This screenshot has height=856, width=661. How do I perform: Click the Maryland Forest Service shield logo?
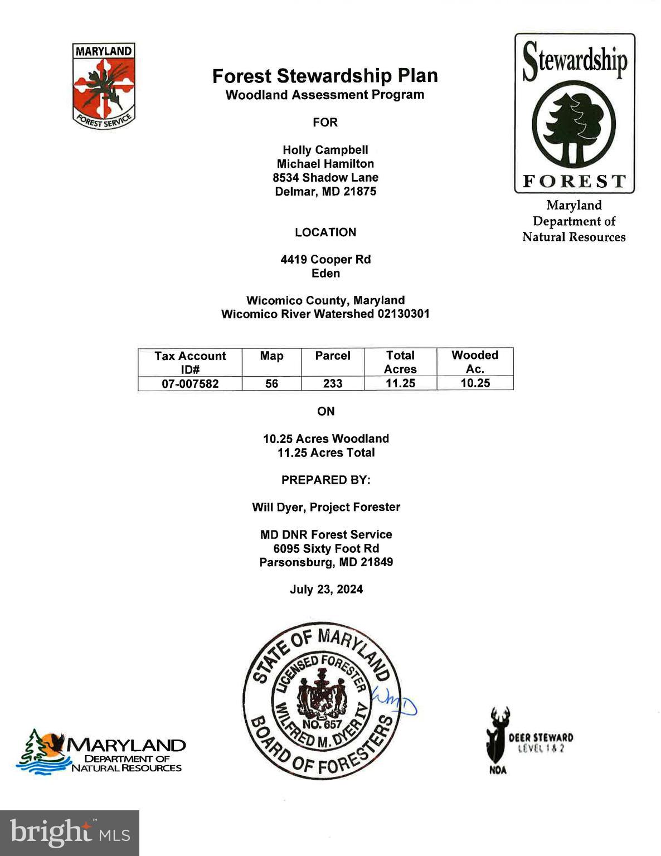point(104,86)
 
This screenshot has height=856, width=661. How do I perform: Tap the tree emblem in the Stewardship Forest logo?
point(573,123)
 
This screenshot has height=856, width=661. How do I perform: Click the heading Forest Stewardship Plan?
point(325,76)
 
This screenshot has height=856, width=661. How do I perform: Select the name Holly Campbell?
point(325,150)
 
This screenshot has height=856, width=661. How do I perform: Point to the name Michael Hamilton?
point(325,163)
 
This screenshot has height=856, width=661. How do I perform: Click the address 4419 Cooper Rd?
point(326,259)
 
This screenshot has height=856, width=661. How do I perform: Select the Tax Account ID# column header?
point(190,362)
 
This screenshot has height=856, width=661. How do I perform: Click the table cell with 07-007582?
point(190,383)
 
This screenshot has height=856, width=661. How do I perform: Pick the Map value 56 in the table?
point(271,383)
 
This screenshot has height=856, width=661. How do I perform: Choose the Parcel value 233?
point(333,383)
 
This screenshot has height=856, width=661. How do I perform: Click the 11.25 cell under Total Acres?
point(400,383)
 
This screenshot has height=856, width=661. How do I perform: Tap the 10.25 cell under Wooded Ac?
point(475,383)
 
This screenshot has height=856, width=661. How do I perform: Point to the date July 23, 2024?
point(326,589)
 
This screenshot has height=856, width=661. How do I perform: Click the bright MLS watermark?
point(70,833)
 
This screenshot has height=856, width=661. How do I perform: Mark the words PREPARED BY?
point(326,480)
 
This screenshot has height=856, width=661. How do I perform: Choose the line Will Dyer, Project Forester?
point(326,507)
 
